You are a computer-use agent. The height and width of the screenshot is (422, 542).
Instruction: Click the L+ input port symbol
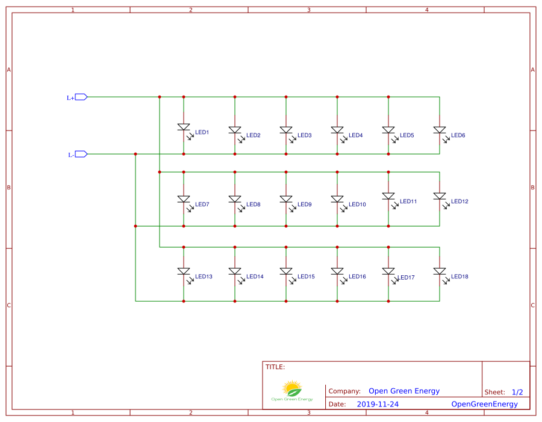coord(81,97)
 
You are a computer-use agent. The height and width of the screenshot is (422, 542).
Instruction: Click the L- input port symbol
coord(81,154)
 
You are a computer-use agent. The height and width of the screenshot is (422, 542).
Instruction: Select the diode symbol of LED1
coord(184,127)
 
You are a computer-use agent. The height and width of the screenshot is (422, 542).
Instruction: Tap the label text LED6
coord(458,135)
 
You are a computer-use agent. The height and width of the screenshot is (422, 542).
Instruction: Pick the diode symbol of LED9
coord(286,199)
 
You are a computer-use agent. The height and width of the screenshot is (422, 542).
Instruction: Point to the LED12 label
coord(459,201)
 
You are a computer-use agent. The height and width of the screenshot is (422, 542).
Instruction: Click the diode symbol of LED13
coord(184,272)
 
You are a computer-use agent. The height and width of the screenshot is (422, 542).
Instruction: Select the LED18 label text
coord(459,277)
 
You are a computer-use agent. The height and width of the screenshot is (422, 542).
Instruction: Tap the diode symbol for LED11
coord(388,196)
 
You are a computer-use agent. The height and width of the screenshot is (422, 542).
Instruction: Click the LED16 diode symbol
coord(337,272)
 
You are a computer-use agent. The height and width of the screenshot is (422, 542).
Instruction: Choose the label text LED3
coord(304,135)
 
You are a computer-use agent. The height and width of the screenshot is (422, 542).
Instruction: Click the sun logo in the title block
coord(292,388)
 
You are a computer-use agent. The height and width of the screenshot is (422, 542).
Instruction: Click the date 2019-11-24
coord(378,405)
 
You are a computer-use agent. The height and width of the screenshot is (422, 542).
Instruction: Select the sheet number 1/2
coord(517,392)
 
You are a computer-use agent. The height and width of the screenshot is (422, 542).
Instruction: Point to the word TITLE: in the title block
coord(275,367)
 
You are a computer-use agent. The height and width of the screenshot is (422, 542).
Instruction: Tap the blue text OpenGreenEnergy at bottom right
coord(484,405)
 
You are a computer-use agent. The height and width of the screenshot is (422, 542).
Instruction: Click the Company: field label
coord(344,391)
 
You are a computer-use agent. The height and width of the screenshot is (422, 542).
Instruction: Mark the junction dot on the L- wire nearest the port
coord(135,154)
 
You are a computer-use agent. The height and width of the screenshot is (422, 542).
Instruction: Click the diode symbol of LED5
coord(388,130)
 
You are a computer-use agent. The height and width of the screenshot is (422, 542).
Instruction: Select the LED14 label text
coord(255,277)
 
